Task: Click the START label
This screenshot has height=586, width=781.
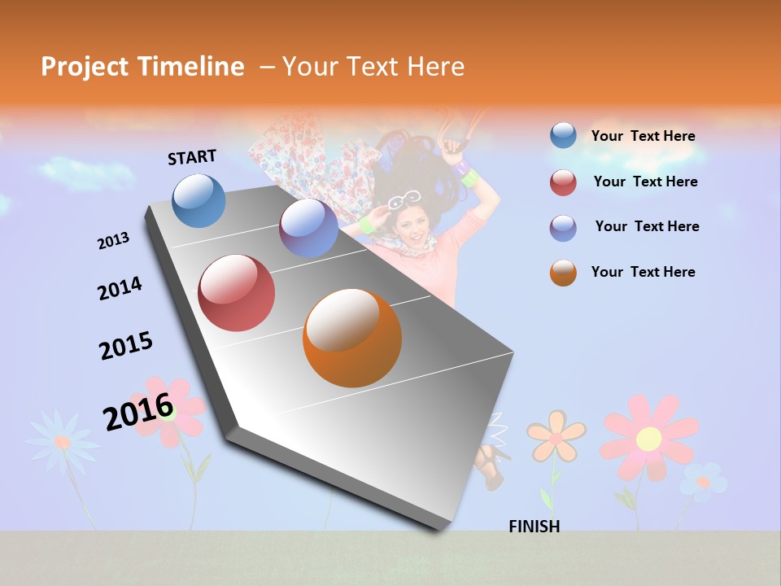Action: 192,157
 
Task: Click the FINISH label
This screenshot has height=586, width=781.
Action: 534,527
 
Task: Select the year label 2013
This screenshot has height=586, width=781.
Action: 113,241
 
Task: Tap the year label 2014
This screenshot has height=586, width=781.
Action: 120,289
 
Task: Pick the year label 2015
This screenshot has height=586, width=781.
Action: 126,346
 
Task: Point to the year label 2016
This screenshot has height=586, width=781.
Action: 138,411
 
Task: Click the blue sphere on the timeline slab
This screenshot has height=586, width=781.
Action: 199,200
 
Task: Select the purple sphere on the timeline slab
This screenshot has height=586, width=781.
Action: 308,228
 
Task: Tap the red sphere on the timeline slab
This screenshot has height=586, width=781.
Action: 237,293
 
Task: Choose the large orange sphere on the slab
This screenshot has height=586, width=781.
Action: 352,338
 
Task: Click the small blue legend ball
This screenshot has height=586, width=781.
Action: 563,135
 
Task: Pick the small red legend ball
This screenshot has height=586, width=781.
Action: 563,182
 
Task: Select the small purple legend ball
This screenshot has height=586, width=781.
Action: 563,227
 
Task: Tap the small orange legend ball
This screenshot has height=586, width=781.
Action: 563,273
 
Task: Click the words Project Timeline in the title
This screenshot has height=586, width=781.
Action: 142,67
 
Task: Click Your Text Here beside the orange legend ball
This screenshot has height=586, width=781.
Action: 643,272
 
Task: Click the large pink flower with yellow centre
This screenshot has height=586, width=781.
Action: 648,438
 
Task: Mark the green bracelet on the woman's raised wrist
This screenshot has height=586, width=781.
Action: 469,177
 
